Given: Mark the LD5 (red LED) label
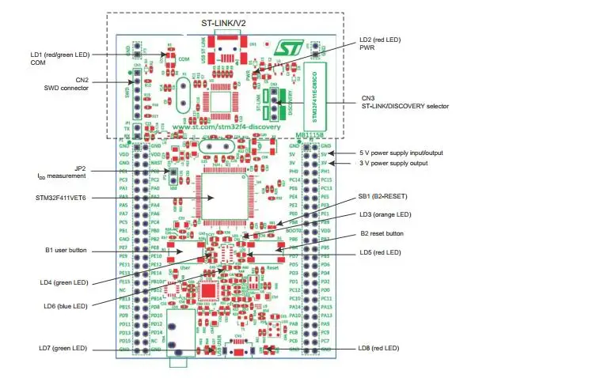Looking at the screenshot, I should [x=381, y=251].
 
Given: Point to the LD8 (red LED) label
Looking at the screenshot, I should [x=379, y=348].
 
